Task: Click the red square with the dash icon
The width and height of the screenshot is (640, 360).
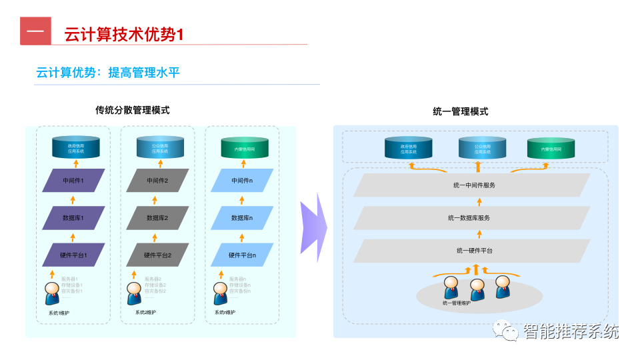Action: [35, 31]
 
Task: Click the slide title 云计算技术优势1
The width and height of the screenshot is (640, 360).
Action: [123, 35]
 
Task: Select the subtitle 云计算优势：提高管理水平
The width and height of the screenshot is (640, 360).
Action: [108, 72]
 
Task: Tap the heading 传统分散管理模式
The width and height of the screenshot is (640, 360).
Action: [133, 110]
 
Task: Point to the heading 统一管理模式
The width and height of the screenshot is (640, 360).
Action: [461, 111]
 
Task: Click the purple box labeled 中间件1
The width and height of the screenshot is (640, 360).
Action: [73, 180]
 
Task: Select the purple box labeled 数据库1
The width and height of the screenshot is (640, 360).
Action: [73, 217]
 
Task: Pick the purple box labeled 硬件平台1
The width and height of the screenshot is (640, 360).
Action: [73, 255]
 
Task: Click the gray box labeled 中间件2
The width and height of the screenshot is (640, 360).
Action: [157, 180]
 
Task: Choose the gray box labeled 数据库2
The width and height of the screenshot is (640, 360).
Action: [157, 217]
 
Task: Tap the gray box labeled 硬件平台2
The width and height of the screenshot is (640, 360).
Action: [157, 255]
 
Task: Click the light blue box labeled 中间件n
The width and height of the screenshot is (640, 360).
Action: [241, 180]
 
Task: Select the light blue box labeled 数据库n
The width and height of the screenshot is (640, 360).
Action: [241, 217]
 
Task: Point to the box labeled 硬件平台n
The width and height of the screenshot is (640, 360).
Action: [241, 255]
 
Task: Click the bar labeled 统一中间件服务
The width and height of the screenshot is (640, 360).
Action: [472, 185]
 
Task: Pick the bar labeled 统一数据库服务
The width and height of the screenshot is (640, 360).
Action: [472, 217]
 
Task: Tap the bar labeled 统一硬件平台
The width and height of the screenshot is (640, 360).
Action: [472, 251]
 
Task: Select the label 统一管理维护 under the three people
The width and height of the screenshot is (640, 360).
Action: [456, 303]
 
